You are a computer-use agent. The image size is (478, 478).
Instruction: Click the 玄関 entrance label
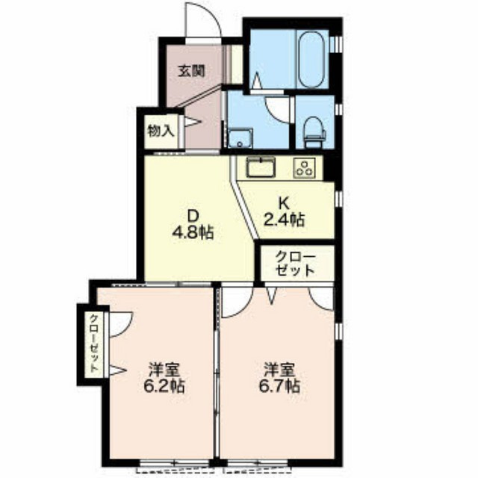click(x=191, y=71)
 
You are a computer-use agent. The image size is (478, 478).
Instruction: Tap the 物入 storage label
click(x=161, y=131)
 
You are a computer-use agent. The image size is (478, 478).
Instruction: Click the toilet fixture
click(x=314, y=132)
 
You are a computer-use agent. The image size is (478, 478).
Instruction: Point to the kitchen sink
click(x=261, y=167)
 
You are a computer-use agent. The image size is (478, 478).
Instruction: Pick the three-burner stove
click(x=304, y=168)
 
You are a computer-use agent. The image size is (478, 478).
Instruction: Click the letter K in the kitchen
click(x=284, y=202)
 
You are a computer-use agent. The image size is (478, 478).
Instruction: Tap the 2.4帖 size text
click(x=284, y=220)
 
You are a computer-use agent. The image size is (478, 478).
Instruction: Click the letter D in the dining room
click(x=193, y=217)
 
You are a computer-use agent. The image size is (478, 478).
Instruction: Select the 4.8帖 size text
click(x=193, y=233)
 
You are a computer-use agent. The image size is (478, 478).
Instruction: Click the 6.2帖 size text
click(x=164, y=387)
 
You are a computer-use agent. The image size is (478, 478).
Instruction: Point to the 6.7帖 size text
click(x=279, y=387)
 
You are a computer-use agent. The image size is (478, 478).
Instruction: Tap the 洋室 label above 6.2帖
click(x=164, y=370)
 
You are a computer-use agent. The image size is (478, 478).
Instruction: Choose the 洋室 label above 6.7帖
click(x=279, y=370)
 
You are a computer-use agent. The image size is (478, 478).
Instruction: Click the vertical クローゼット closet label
click(x=95, y=344)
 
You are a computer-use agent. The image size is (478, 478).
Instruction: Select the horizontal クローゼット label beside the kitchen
click(x=295, y=263)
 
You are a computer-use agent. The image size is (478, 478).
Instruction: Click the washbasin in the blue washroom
click(x=240, y=138)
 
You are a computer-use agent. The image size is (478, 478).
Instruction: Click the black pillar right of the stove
click(x=329, y=168)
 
